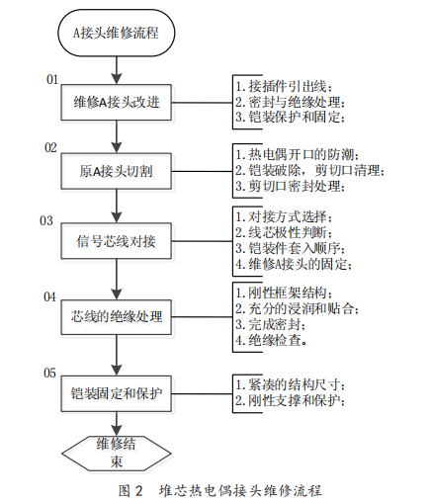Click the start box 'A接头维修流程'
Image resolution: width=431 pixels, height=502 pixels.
(117, 33)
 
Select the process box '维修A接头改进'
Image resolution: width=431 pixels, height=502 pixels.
(117, 102)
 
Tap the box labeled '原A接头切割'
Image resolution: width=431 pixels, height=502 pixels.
(117, 171)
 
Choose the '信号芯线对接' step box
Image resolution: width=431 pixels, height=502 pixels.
(117, 241)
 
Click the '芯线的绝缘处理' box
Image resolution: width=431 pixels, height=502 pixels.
(117, 317)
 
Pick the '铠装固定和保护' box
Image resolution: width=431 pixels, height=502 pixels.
(117, 393)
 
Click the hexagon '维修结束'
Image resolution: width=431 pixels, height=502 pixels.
(117, 454)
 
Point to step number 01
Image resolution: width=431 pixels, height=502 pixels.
(52, 79)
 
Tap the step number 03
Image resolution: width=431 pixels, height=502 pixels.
(46, 220)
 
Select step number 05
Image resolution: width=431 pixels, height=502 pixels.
(49, 373)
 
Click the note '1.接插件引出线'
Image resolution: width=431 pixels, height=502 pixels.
(283, 86)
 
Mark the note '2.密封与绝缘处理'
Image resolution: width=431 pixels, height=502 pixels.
(290, 102)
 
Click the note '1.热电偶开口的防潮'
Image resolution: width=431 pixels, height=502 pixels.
(297, 154)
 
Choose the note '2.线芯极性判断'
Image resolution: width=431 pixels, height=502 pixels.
(283, 232)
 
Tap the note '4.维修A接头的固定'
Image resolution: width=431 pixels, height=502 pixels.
(293, 264)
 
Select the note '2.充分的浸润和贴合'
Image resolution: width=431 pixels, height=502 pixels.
(297, 308)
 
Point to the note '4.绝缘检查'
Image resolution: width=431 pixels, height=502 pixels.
(271, 340)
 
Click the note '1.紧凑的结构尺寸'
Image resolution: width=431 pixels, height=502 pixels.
(290, 384)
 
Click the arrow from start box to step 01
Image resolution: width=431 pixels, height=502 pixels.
(117, 70)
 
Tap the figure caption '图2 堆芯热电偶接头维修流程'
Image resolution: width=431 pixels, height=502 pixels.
(220, 490)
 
